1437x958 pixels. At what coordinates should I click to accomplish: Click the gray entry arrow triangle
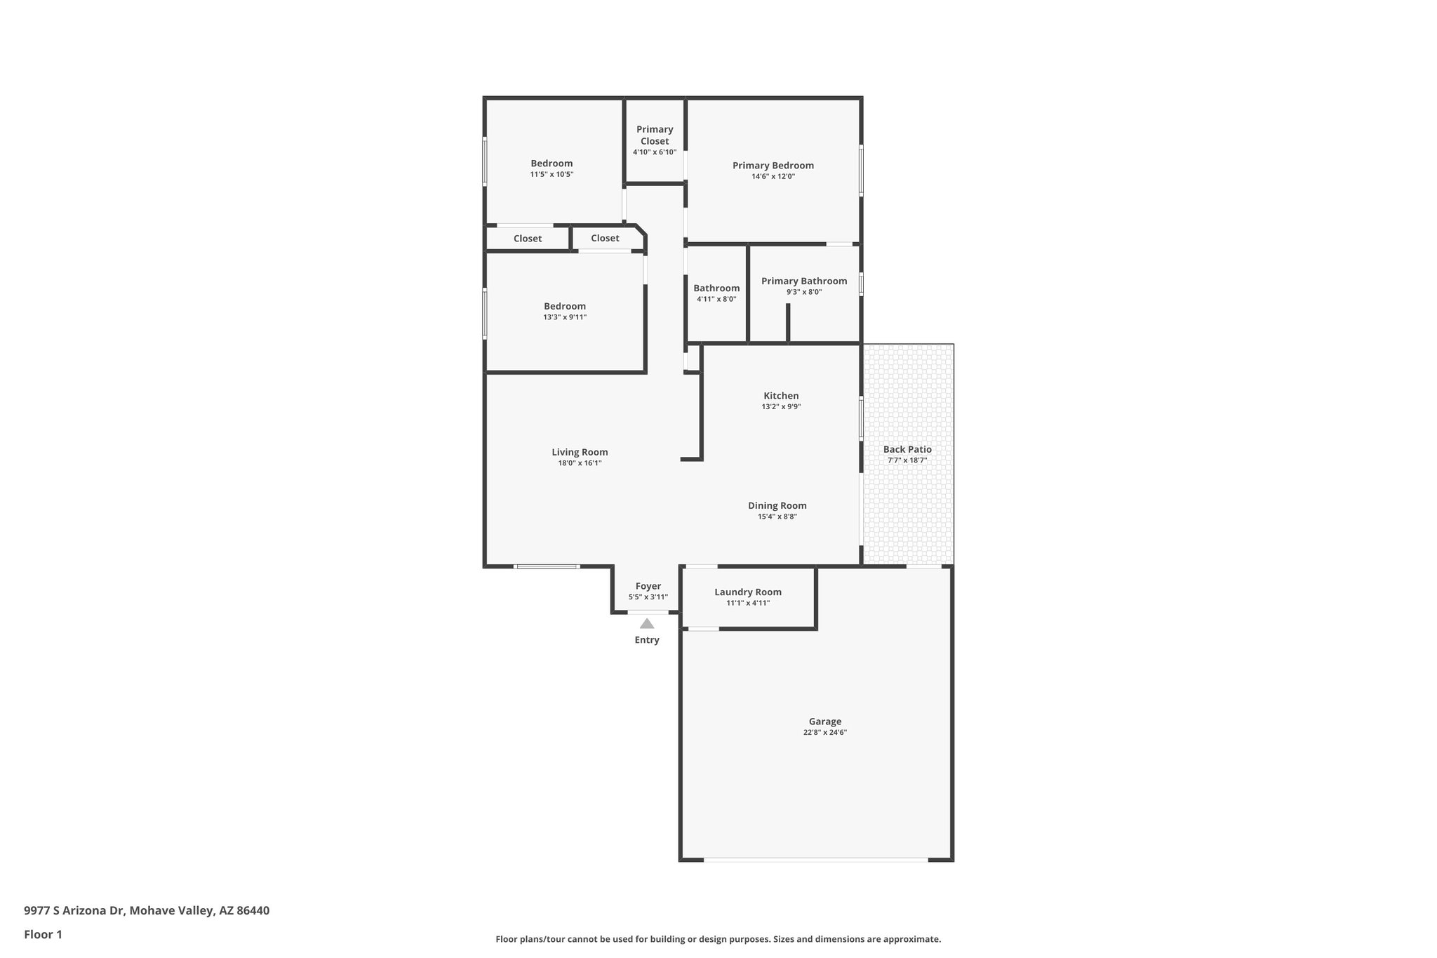point(647,623)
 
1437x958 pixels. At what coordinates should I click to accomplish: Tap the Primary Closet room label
point(655,135)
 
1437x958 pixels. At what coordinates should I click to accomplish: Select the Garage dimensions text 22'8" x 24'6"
point(825,732)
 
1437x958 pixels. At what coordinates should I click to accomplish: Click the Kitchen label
point(781,396)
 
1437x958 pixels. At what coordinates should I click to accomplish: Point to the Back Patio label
point(907,449)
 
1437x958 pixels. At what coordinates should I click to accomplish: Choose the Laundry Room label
point(748,592)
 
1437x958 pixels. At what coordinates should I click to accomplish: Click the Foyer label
point(648,586)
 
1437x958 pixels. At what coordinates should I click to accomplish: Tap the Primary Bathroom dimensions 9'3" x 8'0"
point(804,292)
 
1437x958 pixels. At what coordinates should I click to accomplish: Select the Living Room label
point(580,452)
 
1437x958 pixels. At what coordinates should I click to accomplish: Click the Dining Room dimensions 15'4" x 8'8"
point(777,517)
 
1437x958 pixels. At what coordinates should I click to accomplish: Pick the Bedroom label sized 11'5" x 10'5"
point(552,164)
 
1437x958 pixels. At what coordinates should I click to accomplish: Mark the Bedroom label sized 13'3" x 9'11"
point(565,306)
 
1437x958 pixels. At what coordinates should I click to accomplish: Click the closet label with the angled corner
point(605,238)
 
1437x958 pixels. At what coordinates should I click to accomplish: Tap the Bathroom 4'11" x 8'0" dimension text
point(716,299)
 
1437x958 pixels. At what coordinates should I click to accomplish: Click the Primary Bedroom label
point(773,166)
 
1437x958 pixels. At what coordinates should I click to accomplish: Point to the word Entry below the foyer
point(647,640)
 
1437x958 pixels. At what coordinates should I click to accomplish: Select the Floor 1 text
point(44,934)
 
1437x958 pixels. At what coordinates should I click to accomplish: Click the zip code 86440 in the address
point(253,910)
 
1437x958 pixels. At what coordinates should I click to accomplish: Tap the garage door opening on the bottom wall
point(815,859)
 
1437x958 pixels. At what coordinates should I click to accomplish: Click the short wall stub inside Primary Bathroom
point(788,323)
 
